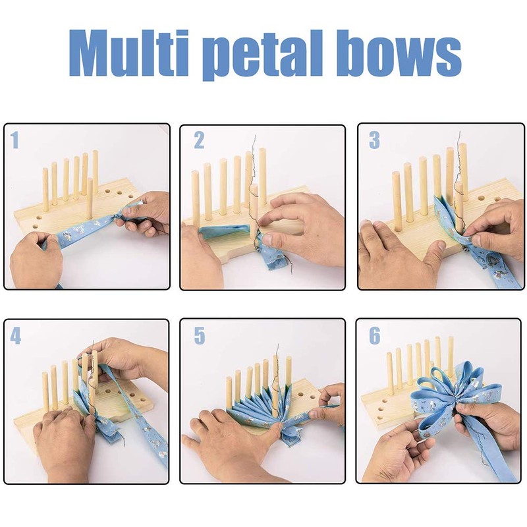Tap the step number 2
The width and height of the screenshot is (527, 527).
pos(199,140)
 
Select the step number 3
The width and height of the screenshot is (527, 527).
pos(374,140)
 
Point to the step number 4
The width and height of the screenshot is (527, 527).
pos(16,336)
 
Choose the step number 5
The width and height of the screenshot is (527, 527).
pos(199,336)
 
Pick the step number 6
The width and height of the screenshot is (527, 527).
pos(374,336)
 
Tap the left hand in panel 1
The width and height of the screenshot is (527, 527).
pos(36,260)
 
